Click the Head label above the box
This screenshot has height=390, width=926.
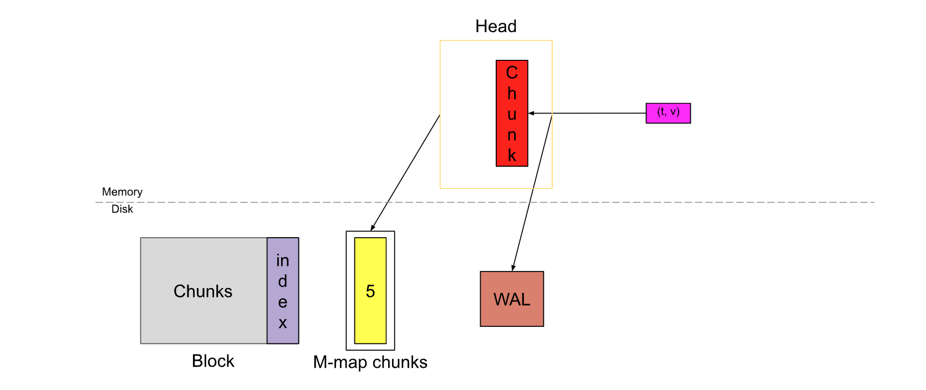pyautogui.click(x=496, y=26)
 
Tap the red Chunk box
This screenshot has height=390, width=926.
pyautogui.click(x=512, y=113)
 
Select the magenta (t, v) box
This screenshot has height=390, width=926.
pyautogui.click(x=668, y=113)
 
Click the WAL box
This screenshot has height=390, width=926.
pyautogui.click(x=512, y=299)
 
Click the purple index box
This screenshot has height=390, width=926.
pyautogui.click(x=283, y=291)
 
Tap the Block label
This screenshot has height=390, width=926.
pyautogui.click(x=213, y=361)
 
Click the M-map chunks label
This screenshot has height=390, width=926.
pyautogui.click(x=370, y=362)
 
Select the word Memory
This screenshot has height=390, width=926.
pyautogui.click(x=122, y=192)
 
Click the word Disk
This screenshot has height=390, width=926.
pyautogui.click(x=122, y=209)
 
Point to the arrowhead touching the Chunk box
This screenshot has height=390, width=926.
pyautogui.click(x=531, y=113)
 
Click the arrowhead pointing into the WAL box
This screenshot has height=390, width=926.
pyautogui.click(x=513, y=268)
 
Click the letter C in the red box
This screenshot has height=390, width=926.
pyautogui.click(x=512, y=73)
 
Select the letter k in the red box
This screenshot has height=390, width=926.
pyautogui.click(x=512, y=156)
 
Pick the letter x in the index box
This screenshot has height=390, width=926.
pyautogui.click(x=283, y=323)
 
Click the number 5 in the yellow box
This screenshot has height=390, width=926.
pyautogui.click(x=370, y=291)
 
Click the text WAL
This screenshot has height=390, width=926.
pyautogui.click(x=512, y=300)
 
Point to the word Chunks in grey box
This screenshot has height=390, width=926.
pyautogui.click(x=203, y=291)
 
